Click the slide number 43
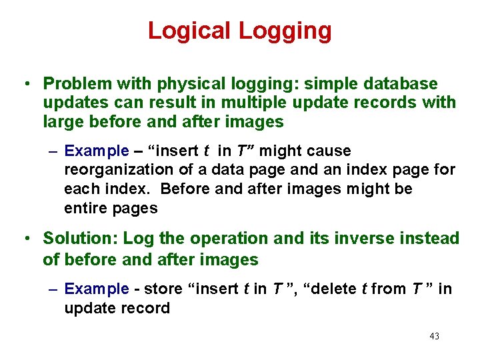434,336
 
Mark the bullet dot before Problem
24,85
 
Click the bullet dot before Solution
24,239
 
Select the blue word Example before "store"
97,289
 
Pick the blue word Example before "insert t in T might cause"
97,151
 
